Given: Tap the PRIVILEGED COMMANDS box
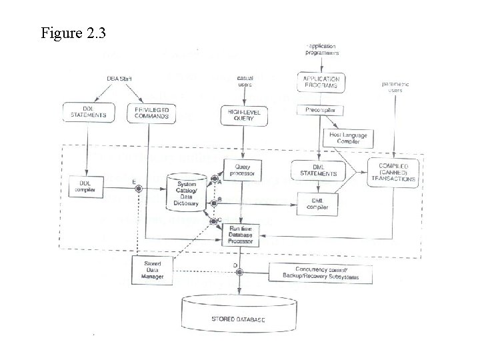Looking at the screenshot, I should pyautogui.click(x=149, y=112).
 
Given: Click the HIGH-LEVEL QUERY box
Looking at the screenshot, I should pyautogui.click(x=243, y=116).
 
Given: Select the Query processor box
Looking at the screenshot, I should pyautogui.click(x=243, y=170).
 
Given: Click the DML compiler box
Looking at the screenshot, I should pyautogui.click(x=317, y=204).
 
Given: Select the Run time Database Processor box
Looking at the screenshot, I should pyautogui.click(x=245, y=235).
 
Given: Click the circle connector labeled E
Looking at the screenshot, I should pyautogui.click(x=139, y=189).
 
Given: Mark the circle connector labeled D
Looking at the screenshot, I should pyautogui.click(x=239, y=271).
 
